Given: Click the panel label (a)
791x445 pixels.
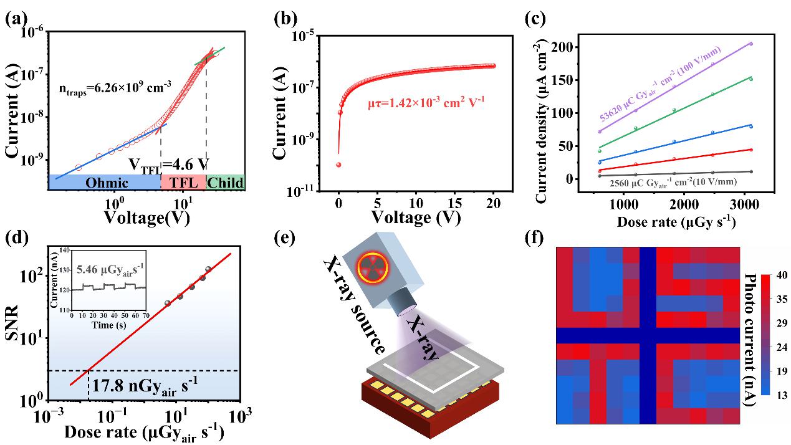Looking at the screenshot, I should point(15,19).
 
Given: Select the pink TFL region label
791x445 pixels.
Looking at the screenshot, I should point(183,183).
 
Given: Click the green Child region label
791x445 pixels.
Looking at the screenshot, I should point(225,183).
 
